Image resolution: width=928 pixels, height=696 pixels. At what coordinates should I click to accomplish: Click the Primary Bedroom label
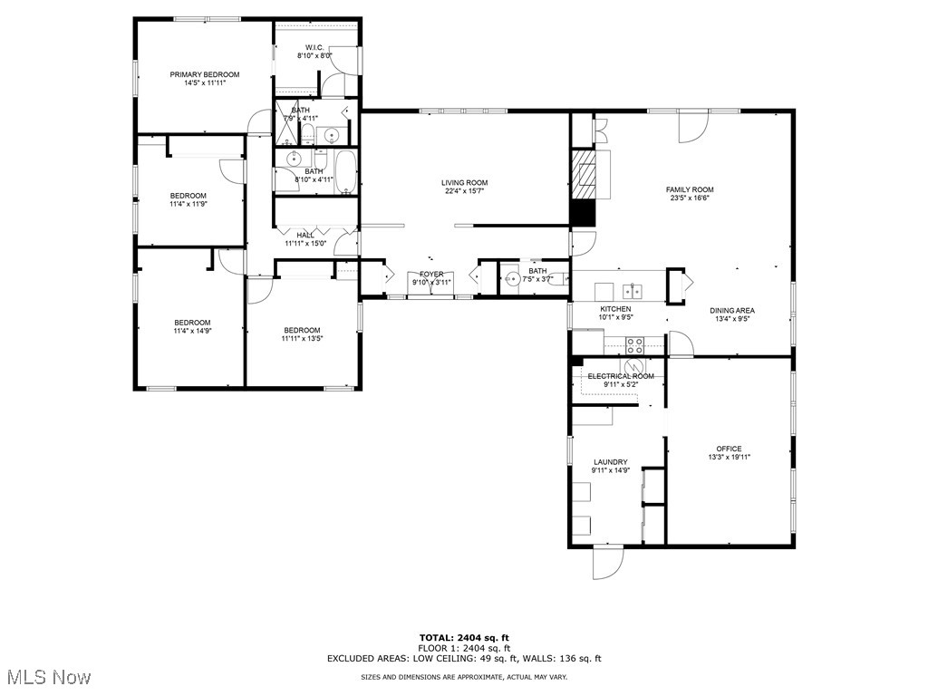click(x=204, y=74)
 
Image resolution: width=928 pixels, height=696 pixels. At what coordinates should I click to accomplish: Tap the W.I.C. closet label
click(x=314, y=47)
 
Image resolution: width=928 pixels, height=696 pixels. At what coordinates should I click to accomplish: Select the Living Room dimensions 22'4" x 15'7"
click(x=464, y=191)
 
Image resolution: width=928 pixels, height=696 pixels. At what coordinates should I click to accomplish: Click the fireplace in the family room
click(x=586, y=173)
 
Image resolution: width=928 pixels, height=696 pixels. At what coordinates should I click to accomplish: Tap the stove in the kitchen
click(x=635, y=344)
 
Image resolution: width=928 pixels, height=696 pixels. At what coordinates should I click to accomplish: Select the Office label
click(x=729, y=449)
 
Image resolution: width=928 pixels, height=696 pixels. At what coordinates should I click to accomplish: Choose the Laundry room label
click(x=611, y=462)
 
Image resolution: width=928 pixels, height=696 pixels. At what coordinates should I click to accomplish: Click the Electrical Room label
click(x=621, y=376)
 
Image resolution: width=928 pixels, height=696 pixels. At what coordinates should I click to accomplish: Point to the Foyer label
click(x=431, y=275)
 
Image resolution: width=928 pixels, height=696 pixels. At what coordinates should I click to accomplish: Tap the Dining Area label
click(x=731, y=311)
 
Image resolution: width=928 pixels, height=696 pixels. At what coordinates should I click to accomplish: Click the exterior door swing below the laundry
click(x=607, y=563)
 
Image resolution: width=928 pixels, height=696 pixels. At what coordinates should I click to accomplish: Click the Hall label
click(x=304, y=236)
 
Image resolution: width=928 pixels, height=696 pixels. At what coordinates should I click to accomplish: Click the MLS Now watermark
click(x=47, y=676)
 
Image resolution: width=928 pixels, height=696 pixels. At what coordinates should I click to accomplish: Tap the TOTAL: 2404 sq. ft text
click(x=464, y=637)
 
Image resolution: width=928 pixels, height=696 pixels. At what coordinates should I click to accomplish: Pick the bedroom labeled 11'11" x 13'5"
click(x=301, y=334)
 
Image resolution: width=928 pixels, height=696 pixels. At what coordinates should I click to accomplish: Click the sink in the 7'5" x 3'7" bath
click(x=512, y=279)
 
